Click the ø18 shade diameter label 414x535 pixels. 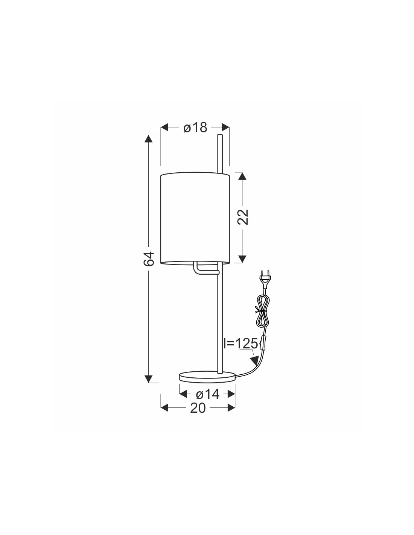195,128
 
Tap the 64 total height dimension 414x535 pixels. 149,259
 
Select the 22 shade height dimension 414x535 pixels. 243,217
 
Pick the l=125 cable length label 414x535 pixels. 240,343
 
